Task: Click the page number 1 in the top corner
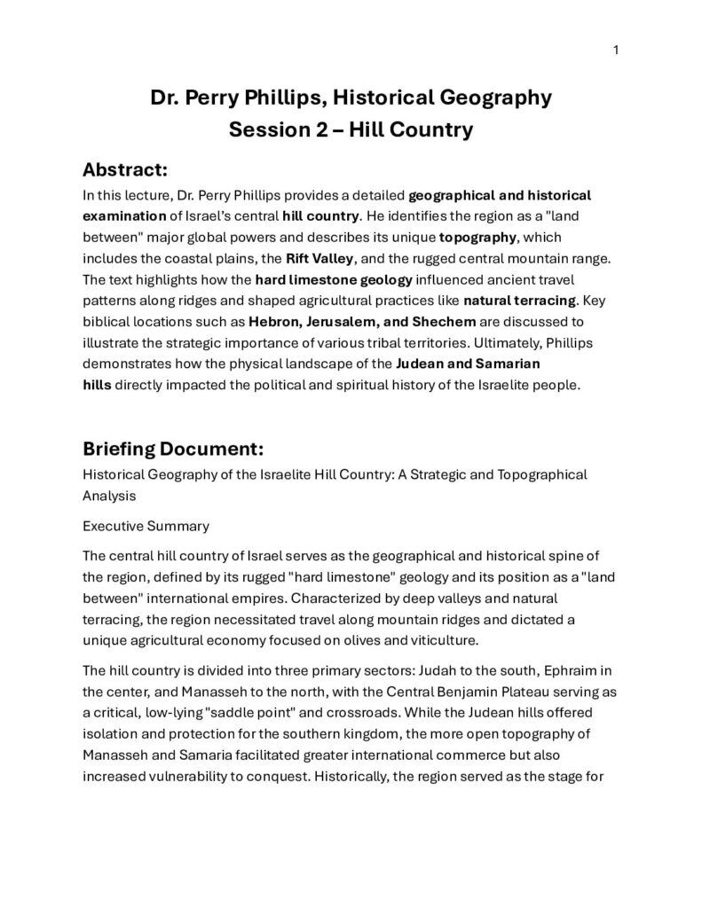615,50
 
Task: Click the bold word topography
477,238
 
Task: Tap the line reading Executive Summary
146,526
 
